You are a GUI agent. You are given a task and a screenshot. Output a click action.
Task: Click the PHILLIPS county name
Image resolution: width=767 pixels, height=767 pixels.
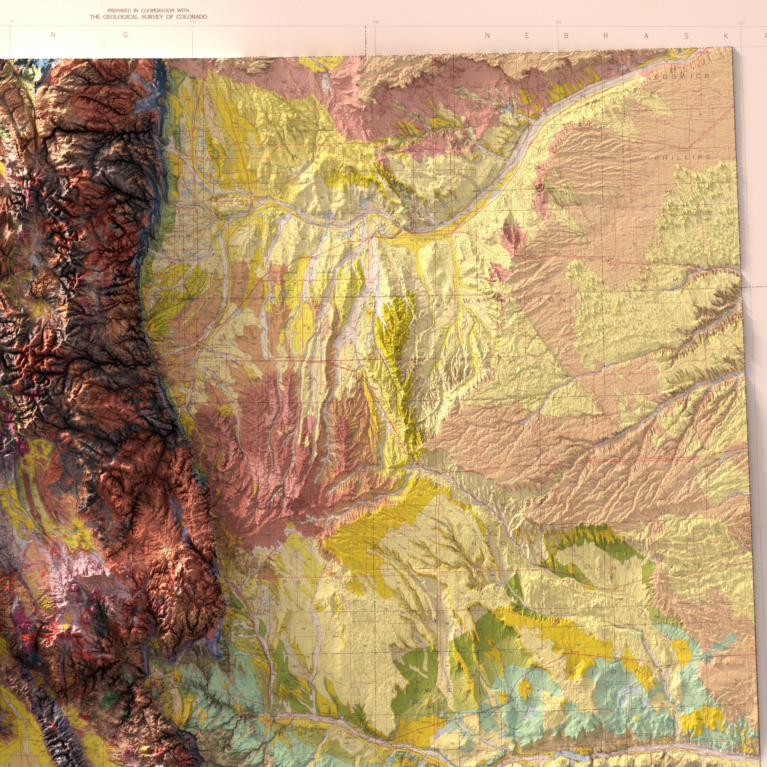click(683, 157)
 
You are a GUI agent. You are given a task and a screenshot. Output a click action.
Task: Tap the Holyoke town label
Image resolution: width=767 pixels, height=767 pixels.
click(682, 150)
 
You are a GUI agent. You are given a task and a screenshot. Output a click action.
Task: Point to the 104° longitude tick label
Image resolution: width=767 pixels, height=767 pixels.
click(376, 22)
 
